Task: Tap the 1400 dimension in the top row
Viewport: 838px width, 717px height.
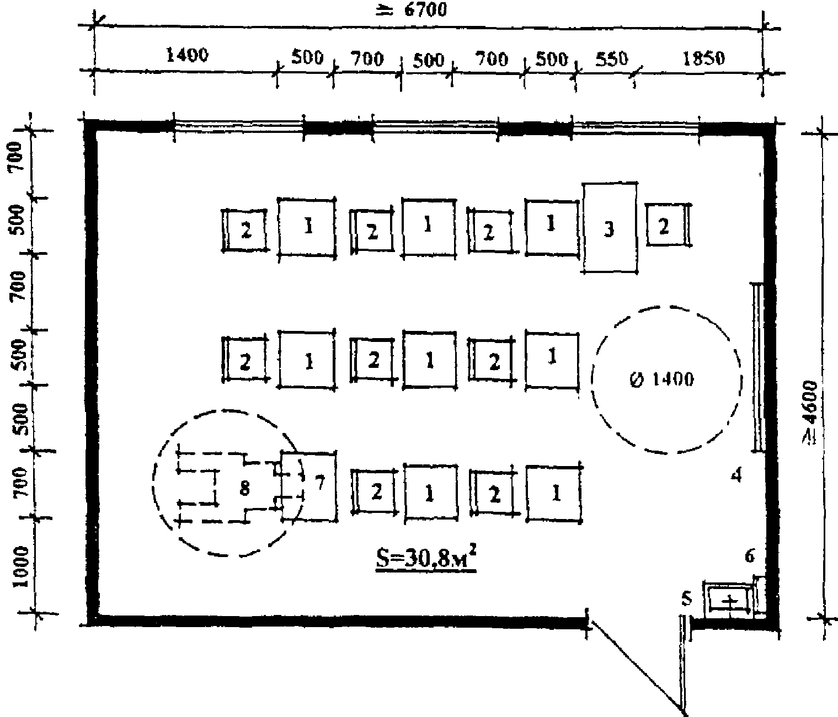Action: point(187,55)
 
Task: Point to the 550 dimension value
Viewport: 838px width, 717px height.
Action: point(612,58)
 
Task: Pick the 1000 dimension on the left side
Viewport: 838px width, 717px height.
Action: point(20,568)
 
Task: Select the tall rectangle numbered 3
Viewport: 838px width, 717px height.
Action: point(610,227)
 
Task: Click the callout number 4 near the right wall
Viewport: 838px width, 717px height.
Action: point(736,475)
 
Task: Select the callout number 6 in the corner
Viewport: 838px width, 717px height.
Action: point(749,557)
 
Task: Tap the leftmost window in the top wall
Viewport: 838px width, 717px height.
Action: point(239,126)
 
